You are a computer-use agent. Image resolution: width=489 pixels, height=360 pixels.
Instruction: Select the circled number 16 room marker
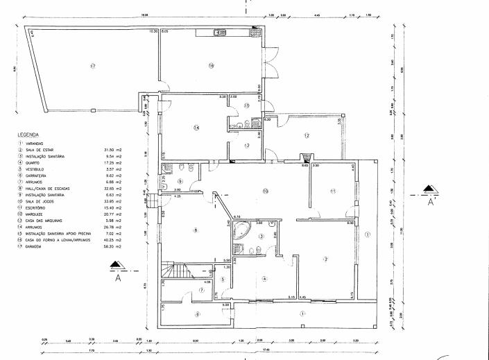click(212, 65)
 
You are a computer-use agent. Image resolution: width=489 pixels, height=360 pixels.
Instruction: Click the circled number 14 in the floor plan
click(196, 128)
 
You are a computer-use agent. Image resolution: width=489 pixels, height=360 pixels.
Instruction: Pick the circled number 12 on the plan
click(306, 135)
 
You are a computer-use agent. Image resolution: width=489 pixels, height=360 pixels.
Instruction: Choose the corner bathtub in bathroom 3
click(242, 230)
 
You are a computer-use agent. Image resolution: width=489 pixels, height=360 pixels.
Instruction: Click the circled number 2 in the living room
click(324, 259)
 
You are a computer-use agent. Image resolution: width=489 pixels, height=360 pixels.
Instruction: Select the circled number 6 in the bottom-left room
click(196, 314)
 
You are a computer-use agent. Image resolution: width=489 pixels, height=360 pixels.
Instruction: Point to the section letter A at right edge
click(431, 204)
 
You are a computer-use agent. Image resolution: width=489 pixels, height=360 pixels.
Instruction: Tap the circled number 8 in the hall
click(196, 230)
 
